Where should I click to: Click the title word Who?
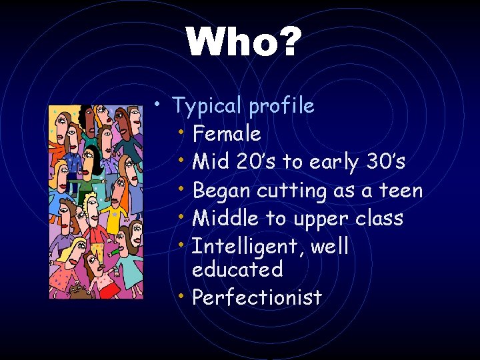(244, 43)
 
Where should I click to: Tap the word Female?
(226, 134)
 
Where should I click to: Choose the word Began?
(221, 191)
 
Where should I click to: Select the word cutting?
(290, 191)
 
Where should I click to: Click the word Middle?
(223, 219)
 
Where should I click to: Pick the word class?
(378, 219)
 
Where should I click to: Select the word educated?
(237, 269)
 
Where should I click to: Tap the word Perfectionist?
(257, 297)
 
